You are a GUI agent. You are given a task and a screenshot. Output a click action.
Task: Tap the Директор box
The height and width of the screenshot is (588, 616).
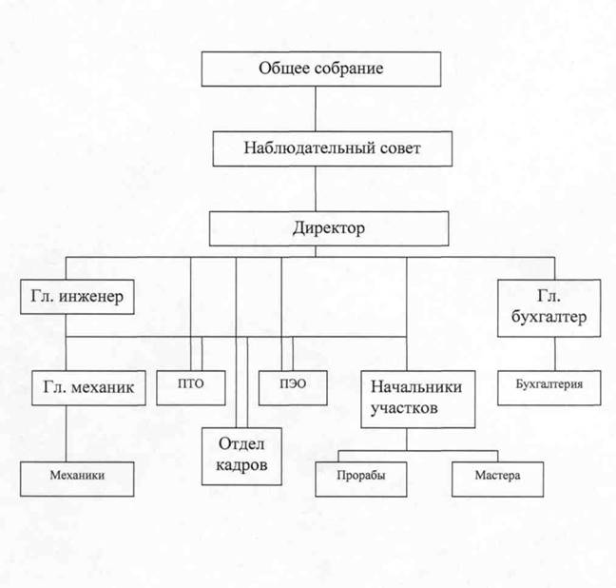(x=329, y=228)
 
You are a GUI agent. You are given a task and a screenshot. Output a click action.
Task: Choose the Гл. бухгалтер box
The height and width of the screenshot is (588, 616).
(x=549, y=307)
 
